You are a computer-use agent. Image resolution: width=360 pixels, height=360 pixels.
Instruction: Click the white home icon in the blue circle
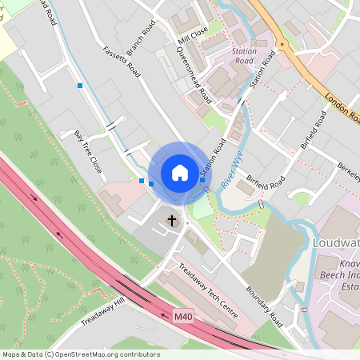click(180, 172)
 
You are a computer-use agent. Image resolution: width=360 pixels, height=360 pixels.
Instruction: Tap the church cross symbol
click(171, 219)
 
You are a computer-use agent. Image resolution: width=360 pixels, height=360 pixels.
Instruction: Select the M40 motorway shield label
click(183, 318)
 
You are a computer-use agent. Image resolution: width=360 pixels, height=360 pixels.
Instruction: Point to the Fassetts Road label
click(122, 62)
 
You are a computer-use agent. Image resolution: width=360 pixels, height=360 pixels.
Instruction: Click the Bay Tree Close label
click(88, 153)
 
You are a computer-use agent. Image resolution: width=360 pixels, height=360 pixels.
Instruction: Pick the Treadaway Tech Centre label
click(210, 292)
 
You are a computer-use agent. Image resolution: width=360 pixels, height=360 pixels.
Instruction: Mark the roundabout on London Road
click(282, 46)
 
